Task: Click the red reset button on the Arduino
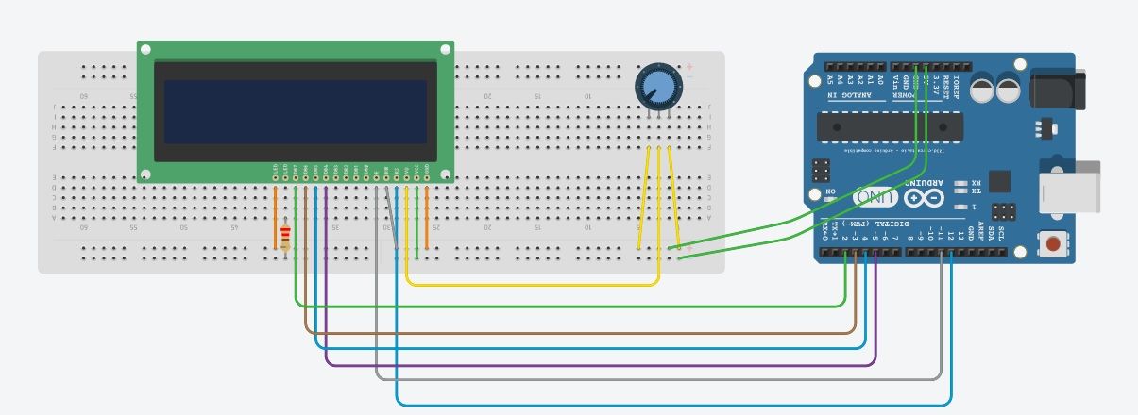(1051, 245)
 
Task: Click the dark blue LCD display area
(295, 111)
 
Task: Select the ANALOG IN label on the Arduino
(846, 96)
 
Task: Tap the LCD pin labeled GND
(427, 171)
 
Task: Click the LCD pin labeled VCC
(416, 171)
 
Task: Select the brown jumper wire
(567, 332)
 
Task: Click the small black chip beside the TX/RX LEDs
(1001, 181)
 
